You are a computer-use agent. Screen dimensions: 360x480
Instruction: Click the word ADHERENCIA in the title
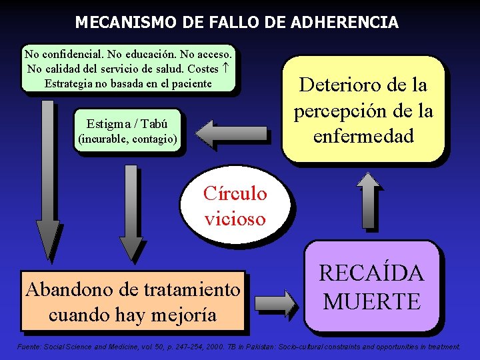345,23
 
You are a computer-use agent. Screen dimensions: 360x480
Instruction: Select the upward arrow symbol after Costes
227,68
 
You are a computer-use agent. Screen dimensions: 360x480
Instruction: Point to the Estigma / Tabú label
127,124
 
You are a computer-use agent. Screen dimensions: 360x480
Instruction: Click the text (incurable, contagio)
127,140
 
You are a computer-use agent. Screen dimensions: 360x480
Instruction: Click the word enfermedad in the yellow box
363,135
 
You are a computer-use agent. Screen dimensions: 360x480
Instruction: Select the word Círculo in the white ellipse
235,194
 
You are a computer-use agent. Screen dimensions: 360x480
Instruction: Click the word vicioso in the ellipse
235,218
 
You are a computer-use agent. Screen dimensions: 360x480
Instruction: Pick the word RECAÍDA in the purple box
371,273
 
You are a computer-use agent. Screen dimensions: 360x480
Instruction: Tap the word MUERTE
371,301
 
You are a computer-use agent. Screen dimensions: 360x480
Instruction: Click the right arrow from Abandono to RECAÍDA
275,302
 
